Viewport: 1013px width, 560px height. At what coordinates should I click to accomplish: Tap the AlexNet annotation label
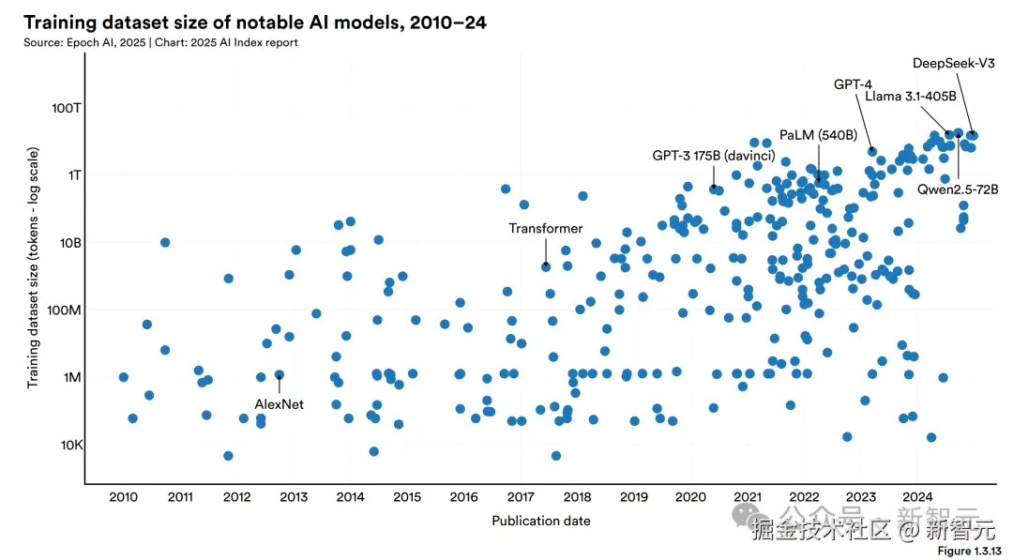(x=280, y=404)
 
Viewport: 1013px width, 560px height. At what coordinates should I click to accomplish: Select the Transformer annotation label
(x=546, y=229)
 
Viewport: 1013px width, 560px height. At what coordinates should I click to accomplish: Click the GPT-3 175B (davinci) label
(x=714, y=156)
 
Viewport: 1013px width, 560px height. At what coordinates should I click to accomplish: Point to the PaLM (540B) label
(x=818, y=135)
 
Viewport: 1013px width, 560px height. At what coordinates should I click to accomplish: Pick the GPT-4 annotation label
(x=853, y=84)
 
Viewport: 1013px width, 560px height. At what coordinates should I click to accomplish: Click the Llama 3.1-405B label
(x=910, y=97)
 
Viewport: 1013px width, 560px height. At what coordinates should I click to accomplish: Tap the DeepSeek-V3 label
(x=954, y=64)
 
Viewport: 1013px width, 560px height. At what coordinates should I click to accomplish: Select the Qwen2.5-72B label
(x=958, y=189)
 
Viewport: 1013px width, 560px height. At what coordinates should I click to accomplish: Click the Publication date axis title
(x=541, y=521)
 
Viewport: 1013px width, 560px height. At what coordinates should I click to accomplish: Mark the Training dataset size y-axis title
(x=34, y=267)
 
